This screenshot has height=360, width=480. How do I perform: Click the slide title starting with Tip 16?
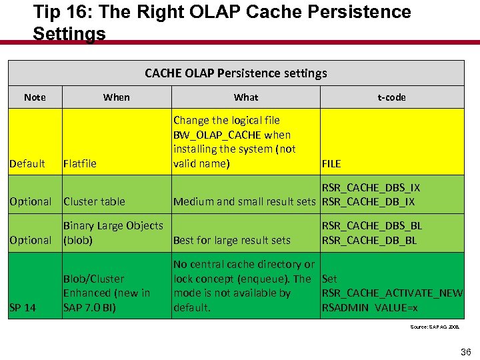pos(222,22)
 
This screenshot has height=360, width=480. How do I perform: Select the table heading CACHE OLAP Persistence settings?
pos(236,73)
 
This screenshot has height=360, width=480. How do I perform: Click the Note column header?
pos(35,97)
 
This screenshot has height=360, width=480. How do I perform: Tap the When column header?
pos(117,97)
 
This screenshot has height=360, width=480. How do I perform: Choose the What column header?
pos(246,97)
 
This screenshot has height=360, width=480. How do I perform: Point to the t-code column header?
pos(391,97)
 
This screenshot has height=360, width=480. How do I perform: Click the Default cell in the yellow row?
pos(28,164)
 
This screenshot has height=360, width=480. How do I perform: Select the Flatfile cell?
pos(79,164)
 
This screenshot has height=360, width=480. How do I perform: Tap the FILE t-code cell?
pos(331,164)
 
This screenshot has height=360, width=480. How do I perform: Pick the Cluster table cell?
pos(94,202)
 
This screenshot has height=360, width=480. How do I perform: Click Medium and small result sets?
pos(244,202)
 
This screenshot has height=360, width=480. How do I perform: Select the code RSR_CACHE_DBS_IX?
pos(371,188)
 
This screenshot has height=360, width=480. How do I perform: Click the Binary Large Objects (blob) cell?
pos(113,233)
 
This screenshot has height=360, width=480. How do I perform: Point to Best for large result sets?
pos(231,240)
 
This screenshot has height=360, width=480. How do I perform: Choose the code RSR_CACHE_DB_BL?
pos(369,240)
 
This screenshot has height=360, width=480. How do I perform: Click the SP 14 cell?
pos(23,307)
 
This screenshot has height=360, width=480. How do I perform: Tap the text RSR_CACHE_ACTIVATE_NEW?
pos(392,293)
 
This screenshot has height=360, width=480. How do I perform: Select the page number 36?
pos(465,352)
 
